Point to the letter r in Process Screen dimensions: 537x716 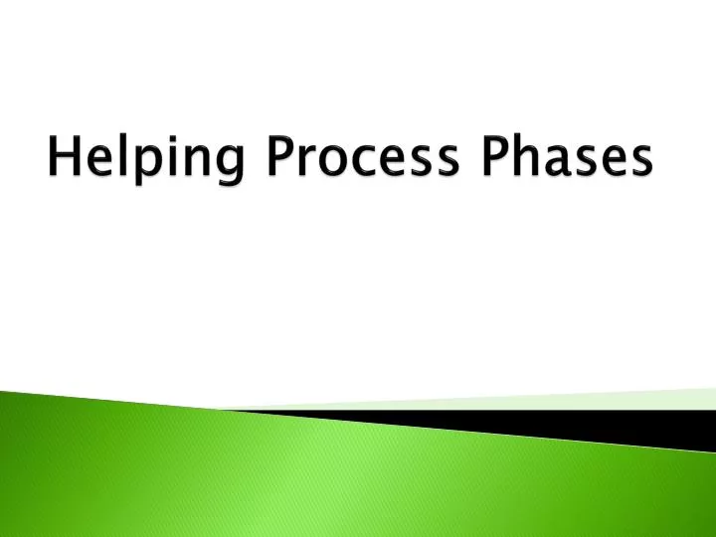pos(306,162)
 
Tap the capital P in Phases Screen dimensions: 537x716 pos(499,158)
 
